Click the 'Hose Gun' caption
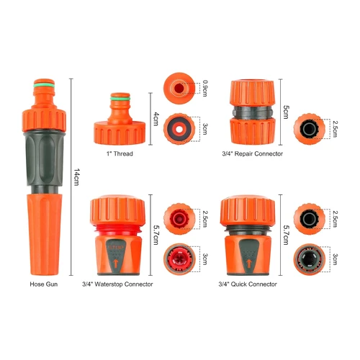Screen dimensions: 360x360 point(44,284)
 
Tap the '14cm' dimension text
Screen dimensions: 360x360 point(76,177)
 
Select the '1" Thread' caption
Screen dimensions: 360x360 point(120,153)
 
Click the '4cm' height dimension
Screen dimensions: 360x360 point(156,119)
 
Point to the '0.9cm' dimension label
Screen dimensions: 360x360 point(205,88)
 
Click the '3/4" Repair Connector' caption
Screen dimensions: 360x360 point(253,153)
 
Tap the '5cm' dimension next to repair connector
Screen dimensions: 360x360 point(286,112)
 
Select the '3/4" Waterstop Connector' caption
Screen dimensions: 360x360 point(117,284)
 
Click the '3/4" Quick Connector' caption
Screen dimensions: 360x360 point(248,284)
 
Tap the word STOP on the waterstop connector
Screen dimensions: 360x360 point(116,248)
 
